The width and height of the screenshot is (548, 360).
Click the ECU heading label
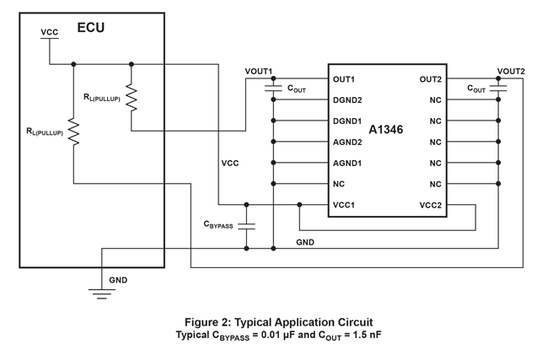[x=91, y=27]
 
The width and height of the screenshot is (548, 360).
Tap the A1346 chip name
[x=386, y=131]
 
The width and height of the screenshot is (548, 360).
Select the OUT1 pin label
[x=344, y=79]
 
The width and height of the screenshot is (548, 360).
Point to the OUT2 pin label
[x=430, y=79]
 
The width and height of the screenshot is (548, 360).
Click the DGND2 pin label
[x=347, y=100]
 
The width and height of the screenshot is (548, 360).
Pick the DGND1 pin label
[x=347, y=121]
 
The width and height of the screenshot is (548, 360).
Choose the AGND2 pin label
[x=347, y=142]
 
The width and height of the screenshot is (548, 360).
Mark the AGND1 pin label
[x=347, y=164]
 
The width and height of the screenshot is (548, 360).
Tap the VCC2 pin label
[x=430, y=205]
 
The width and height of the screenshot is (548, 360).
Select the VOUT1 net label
[x=259, y=71]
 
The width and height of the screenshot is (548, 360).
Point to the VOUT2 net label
[x=511, y=71]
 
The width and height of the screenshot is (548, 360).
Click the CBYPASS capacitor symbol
[x=246, y=226]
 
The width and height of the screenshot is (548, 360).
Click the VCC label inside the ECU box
[x=50, y=32]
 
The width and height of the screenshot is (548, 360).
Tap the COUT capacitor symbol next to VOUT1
[x=273, y=88]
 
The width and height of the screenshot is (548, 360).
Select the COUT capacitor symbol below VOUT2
[x=498, y=88]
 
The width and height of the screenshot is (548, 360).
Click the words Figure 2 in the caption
[x=207, y=322]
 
